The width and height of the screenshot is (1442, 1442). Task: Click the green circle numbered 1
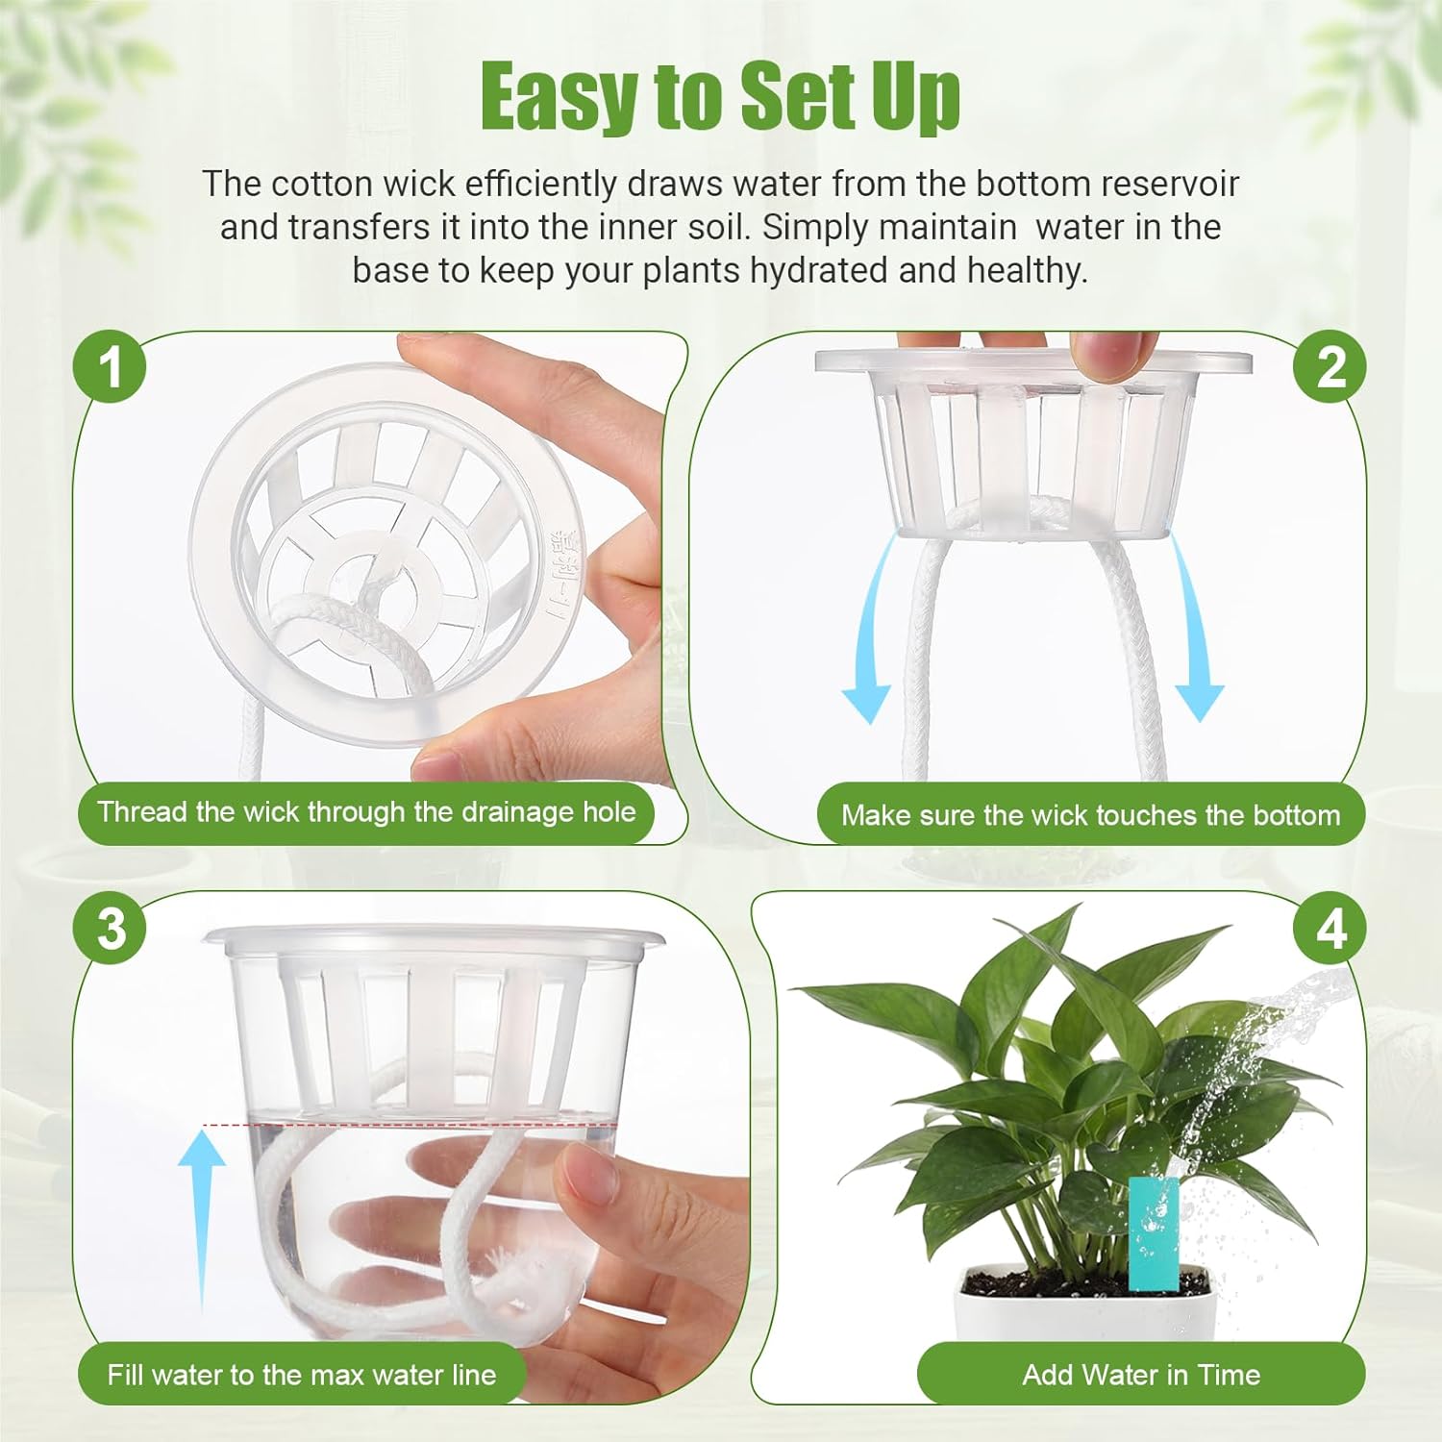(x=111, y=366)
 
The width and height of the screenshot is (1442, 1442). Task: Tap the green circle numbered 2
(x=1330, y=366)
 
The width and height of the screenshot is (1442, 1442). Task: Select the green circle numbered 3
(x=111, y=929)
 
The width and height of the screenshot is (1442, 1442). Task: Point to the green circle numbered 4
(x=1330, y=929)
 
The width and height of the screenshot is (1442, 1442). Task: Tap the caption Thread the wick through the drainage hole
(x=366, y=812)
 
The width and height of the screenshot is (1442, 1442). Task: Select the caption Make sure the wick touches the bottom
(x=1090, y=815)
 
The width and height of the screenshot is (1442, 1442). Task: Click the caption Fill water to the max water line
(x=301, y=1375)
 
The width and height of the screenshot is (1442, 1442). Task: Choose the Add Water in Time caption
(x=1141, y=1375)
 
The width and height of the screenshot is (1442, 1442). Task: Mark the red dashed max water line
(x=409, y=1124)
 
